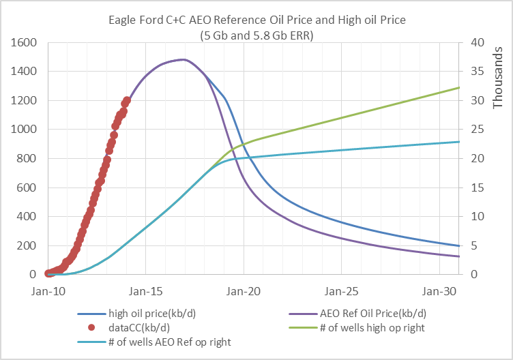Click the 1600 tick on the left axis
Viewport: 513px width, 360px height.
(x=24, y=42)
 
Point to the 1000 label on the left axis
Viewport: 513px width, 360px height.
(x=24, y=129)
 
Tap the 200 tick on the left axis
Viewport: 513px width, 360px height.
(x=27, y=245)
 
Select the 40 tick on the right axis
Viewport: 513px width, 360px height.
(x=478, y=42)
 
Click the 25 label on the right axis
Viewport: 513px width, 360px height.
(x=478, y=129)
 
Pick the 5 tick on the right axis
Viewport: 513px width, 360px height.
(x=474, y=245)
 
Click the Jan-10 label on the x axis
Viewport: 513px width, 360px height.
(x=48, y=291)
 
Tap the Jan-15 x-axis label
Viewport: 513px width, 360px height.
(x=145, y=291)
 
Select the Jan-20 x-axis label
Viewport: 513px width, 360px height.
(x=244, y=291)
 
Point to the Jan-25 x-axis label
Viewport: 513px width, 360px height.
(x=341, y=291)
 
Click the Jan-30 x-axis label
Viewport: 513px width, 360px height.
(x=439, y=291)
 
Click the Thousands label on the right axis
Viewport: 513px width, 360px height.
(x=497, y=78)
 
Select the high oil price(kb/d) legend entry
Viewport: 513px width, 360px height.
(x=136, y=314)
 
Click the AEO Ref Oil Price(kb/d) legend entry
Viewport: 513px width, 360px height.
(x=357, y=314)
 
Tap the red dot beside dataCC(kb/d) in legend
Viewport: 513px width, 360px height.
(x=91, y=328)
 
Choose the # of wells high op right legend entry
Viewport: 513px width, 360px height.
(x=357, y=328)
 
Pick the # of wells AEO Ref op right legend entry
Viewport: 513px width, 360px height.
(x=154, y=342)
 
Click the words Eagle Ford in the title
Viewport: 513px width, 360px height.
(x=136, y=20)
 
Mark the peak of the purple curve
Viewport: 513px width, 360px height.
(x=184, y=59)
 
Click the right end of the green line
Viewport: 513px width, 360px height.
(x=458, y=88)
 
